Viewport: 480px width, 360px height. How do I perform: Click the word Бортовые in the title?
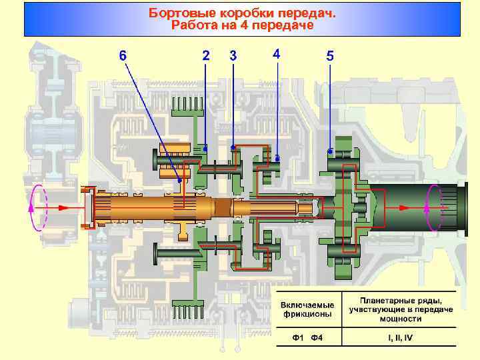pyautogui.click(x=176, y=13)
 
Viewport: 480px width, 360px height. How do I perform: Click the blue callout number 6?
pyautogui.click(x=122, y=55)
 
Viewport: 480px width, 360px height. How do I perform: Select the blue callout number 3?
pyautogui.click(x=233, y=55)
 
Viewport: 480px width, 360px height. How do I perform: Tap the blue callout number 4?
pyautogui.click(x=277, y=53)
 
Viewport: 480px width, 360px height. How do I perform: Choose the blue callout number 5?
pyautogui.click(x=330, y=56)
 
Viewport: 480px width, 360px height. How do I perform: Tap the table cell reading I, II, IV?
pyautogui.click(x=401, y=338)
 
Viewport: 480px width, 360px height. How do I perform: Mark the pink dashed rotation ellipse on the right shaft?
pyautogui.click(x=432, y=207)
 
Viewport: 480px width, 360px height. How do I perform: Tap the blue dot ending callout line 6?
pyautogui.click(x=179, y=180)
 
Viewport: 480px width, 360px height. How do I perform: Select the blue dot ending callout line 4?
pyautogui.click(x=277, y=159)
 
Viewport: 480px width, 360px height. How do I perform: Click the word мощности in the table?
pyautogui.click(x=400, y=319)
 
